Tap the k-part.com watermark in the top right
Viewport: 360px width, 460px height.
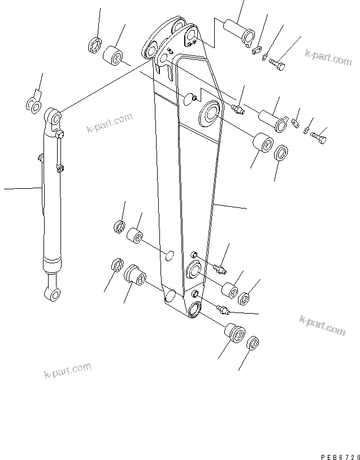click(328, 57)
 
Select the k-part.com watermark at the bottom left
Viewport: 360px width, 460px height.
click(67, 370)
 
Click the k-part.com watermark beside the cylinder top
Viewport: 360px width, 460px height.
click(110, 123)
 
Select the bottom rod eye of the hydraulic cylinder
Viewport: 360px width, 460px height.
click(51, 292)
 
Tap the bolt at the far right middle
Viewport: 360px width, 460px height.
click(318, 136)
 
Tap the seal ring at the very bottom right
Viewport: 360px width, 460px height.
click(253, 343)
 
